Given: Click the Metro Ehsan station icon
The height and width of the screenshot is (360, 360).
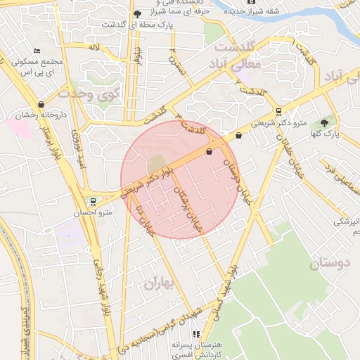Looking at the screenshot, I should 93,201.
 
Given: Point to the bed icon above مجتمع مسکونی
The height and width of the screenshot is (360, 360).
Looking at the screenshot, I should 37,51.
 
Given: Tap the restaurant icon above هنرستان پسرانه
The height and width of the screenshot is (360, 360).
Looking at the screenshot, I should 196,334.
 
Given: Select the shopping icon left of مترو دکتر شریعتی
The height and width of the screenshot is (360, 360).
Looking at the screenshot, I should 239,136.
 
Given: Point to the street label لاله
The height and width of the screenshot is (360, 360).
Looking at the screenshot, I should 94,46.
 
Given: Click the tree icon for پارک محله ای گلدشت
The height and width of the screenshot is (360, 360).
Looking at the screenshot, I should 137,15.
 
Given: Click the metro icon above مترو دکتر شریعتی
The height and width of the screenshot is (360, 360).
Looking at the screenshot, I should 279,111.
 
